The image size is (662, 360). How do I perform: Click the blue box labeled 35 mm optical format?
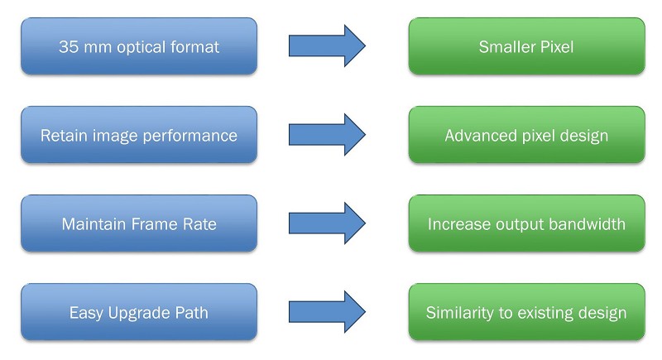(x=139, y=46)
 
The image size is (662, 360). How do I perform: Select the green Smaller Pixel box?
(x=526, y=46)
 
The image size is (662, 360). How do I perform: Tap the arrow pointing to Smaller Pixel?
(x=327, y=46)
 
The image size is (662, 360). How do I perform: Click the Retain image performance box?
(x=139, y=135)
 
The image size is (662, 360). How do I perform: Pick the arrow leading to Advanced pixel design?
(x=327, y=135)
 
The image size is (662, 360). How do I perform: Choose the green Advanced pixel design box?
(x=526, y=135)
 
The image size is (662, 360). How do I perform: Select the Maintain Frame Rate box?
(x=139, y=223)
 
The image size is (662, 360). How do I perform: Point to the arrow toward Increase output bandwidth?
(x=327, y=223)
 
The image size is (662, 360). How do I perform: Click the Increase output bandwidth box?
(x=526, y=223)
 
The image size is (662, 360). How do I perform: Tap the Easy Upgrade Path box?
(x=139, y=312)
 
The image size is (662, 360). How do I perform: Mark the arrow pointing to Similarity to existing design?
(x=327, y=312)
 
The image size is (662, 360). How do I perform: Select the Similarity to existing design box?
(x=526, y=312)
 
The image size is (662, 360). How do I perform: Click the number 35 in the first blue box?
(x=70, y=47)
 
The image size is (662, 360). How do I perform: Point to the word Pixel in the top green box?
(x=555, y=47)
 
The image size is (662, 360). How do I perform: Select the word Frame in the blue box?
(x=151, y=224)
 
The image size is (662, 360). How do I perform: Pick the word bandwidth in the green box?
(x=588, y=224)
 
